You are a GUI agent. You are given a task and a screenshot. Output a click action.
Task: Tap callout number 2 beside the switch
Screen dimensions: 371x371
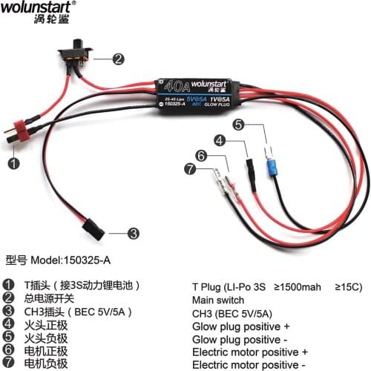click(x=118, y=57)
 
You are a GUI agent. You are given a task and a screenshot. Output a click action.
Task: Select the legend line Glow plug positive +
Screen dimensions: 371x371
click(x=240, y=326)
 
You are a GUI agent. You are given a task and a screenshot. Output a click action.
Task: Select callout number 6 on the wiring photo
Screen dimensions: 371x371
click(x=200, y=155)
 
